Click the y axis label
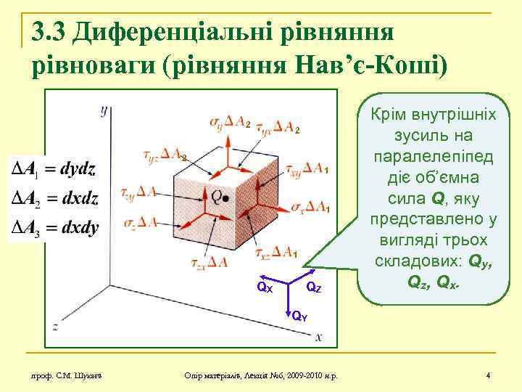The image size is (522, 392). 104,110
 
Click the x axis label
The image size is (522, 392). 319,337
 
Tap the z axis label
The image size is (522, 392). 55,324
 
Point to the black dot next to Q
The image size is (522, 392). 226,197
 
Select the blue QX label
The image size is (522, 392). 265,287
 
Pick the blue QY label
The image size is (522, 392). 298,317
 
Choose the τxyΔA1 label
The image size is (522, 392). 305,169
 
